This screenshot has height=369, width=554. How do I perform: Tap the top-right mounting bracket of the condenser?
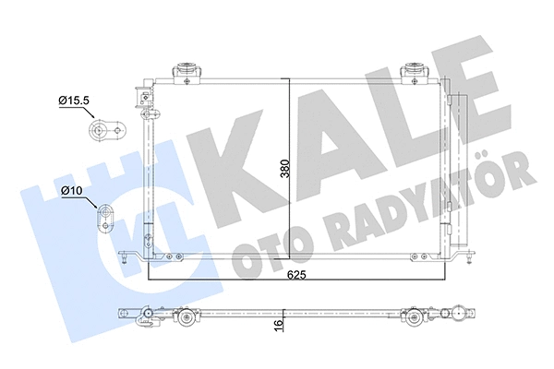411,70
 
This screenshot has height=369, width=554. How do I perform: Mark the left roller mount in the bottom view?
188,320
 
